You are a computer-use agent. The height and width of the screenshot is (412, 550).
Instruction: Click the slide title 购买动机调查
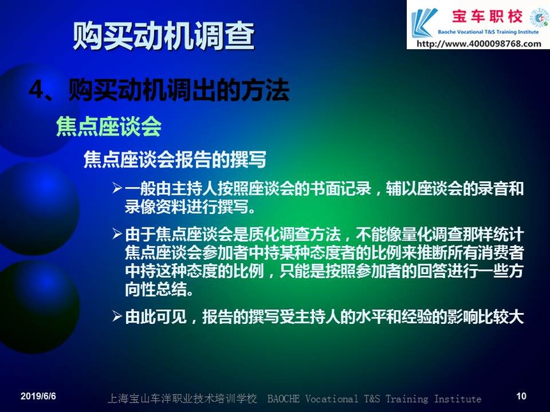point(164,35)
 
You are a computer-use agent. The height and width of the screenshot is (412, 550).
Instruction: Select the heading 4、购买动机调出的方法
point(159,89)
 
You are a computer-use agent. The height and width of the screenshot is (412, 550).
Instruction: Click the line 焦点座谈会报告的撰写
point(175,160)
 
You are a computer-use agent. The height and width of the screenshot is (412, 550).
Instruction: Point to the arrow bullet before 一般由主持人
point(117,188)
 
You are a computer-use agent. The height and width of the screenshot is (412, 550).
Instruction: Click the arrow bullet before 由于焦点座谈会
point(117,234)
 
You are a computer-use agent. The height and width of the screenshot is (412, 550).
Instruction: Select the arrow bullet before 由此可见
point(117,316)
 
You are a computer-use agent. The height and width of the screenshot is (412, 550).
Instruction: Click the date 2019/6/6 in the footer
point(38,396)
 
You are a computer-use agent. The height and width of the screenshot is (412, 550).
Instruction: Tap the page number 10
point(521,396)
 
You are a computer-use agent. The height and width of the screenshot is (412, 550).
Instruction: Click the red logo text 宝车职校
point(487,16)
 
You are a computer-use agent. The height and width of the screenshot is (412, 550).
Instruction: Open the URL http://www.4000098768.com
point(479,44)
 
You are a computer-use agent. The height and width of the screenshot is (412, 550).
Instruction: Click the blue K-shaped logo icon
point(424,23)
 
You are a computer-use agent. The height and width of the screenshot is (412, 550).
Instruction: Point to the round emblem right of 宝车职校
point(538,17)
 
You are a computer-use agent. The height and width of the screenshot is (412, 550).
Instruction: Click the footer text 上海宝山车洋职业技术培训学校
point(182,399)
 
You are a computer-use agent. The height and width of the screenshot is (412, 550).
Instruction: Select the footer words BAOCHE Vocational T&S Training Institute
point(374,399)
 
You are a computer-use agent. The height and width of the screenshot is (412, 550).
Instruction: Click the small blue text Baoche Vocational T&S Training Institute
point(488,32)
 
